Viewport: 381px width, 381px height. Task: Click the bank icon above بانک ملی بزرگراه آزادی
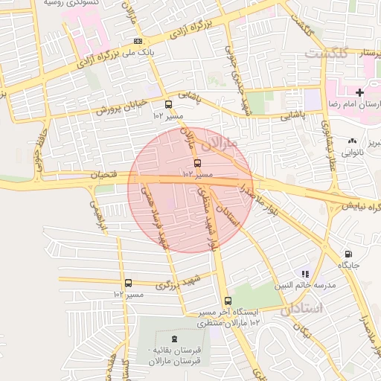pos(137,42)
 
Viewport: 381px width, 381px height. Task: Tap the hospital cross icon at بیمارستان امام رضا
pos(360,92)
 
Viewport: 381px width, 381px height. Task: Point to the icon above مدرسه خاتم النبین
pos(305,274)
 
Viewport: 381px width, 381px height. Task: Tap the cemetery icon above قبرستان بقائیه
pos(175,339)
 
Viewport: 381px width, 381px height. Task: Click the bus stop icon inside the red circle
pos(197,163)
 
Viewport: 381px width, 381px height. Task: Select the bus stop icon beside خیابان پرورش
pos(168,105)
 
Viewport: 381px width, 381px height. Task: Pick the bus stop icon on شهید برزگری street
pos(129,283)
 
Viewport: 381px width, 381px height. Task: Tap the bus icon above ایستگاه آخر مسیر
pos(227,301)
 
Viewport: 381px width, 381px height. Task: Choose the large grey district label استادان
pos(301,308)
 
